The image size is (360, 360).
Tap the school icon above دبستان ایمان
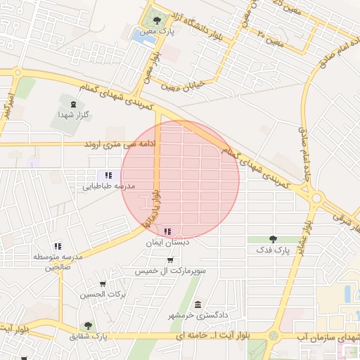[167, 231]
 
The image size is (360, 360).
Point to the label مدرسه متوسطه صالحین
[58, 262]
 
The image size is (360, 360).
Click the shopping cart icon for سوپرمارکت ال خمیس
[169, 260]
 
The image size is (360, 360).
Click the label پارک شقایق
[89, 337]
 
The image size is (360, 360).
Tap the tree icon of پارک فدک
[272, 239]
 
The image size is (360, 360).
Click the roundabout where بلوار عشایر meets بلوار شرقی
[315, 199]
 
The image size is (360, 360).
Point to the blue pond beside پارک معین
[146, 37]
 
